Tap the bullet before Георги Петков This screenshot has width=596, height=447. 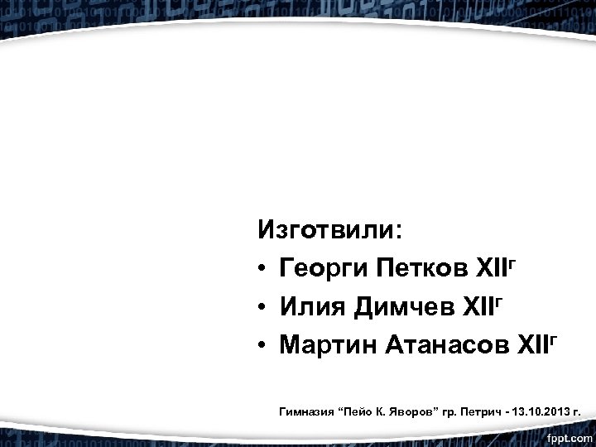click(262, 270)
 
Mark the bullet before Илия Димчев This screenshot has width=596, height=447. click(262, 309)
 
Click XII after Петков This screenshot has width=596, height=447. click(492, 269)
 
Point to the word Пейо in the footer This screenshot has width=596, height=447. click(353, 410)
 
